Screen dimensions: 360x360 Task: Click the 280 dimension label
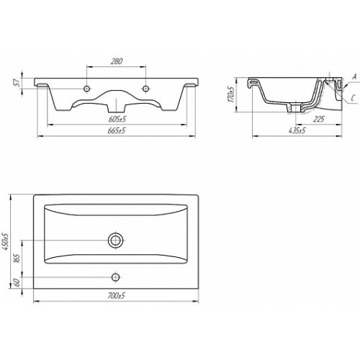tap(117, 61)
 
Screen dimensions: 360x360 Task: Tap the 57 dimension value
tap(17, 84)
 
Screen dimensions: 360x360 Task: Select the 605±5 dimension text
tap(117, 119)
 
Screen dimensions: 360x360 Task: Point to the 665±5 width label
tap(117, 131)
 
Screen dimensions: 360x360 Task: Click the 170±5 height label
tap(231, 94)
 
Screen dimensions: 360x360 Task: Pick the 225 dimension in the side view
tap(318, 119)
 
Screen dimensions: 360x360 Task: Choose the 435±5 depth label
tap(297, 131)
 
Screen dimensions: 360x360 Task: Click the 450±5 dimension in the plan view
tap(6, 242)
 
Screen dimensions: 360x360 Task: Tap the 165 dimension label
tap(17, 258)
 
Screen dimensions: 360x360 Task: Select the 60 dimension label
tap(17, 283)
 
